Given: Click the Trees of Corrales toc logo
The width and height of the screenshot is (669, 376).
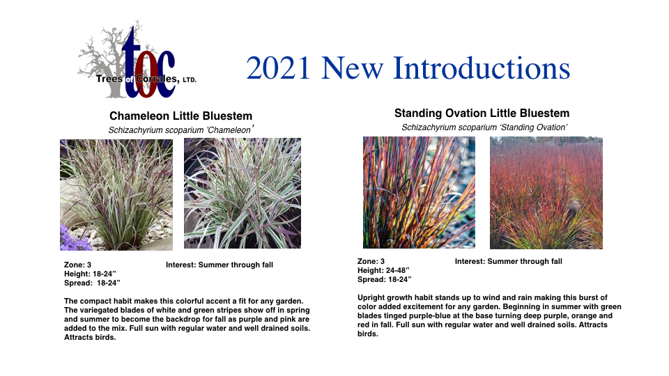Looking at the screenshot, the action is pos(137,60).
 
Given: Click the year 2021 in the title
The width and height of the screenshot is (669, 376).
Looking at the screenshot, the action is pos(278,68).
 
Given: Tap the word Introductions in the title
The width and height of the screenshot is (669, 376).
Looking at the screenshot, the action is pos(482,68).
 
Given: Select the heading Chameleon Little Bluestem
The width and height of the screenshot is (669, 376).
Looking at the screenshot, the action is pos(181,116).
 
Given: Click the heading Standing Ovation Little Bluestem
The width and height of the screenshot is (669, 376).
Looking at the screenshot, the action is pos(482,113).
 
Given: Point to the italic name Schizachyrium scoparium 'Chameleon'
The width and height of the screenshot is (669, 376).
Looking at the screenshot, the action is pos(181,130).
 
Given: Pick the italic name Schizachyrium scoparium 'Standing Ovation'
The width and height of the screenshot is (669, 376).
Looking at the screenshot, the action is pos(484,127).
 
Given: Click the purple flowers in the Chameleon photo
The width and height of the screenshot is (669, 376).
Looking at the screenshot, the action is pos(75,239).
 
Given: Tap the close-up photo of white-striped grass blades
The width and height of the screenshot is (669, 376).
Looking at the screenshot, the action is pos(243,193).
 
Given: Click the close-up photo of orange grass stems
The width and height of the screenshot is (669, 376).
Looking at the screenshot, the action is pos(419,192).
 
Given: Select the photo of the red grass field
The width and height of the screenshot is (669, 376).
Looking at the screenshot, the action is pos(546,193).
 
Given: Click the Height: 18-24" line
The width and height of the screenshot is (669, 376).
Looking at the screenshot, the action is pos(90,274).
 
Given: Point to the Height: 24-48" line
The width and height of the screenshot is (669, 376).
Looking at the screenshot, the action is pos(383,270).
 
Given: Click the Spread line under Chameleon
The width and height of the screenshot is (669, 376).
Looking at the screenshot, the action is pos(92,283).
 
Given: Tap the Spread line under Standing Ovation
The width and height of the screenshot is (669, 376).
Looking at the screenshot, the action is pos(385,279).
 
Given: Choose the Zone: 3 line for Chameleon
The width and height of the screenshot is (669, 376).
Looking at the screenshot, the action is pos(77,265).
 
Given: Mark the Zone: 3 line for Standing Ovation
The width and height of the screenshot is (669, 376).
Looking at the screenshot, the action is pos(371,261).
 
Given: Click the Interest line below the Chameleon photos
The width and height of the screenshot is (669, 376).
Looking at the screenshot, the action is pos(220,265).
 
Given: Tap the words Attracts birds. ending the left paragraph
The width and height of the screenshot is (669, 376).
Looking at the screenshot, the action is pos(90,337).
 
